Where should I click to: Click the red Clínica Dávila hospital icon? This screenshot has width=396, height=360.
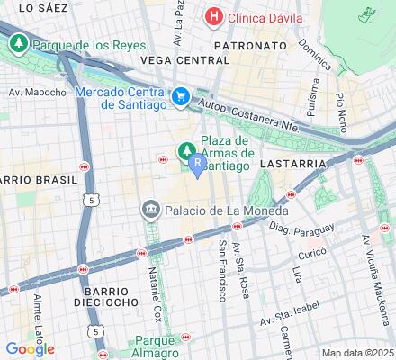pos(214,16)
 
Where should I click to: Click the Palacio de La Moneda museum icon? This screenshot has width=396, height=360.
pos(150,211)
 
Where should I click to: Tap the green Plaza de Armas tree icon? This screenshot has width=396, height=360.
pos(187,148)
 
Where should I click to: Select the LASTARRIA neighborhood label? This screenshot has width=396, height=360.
pos(289,166)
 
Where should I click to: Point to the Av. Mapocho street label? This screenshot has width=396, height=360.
pos(37,92)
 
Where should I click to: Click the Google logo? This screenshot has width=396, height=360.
pos(30,349)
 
